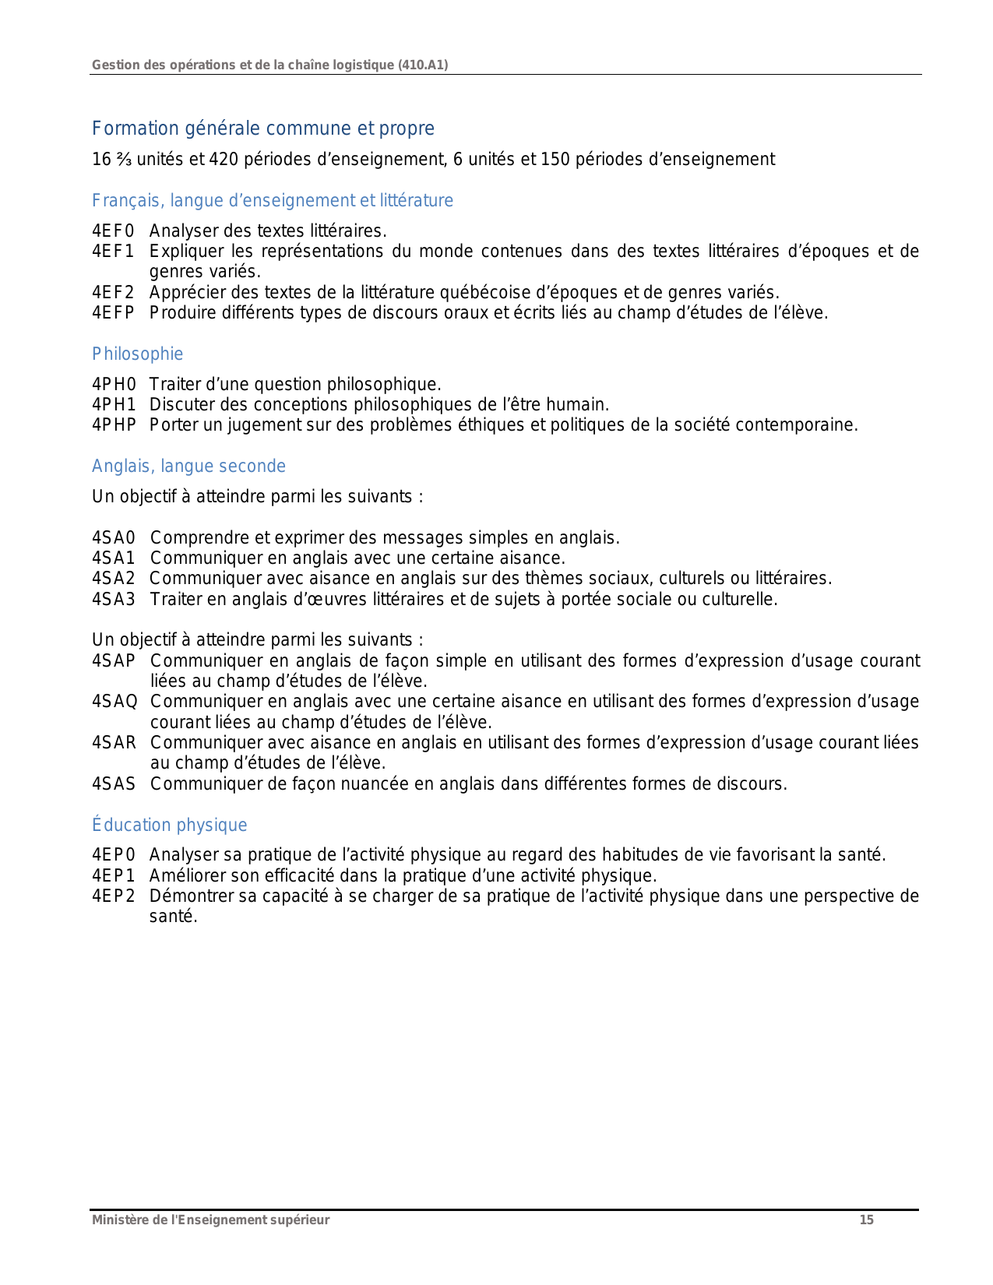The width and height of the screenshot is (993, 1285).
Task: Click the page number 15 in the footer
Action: coord(866,1220)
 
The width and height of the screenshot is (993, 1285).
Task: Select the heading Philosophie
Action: coord(137,354)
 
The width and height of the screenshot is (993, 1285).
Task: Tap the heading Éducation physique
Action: coord(169,826)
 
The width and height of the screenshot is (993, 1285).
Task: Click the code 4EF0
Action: coord(113,231)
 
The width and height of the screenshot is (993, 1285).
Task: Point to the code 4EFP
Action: coord(113,313)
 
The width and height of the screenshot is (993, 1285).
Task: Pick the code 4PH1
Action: coord(114,405)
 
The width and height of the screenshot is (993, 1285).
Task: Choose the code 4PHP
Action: coord(114,425)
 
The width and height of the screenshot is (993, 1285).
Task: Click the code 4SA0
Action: coord(114,538)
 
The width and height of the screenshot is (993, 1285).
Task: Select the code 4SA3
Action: coord(114,600)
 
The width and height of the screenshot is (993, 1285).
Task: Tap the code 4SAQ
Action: coord(114,702)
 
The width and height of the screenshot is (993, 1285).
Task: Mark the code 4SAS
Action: coord(114,784)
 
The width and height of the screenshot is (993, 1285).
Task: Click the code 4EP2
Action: coord(114,896)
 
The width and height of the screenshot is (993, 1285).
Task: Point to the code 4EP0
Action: coord(114,855)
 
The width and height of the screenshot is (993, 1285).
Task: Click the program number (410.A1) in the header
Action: coord(423,65)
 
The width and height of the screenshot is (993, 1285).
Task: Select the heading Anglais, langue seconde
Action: coord(188,466)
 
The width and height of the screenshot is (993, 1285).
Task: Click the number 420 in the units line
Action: coord(224,160)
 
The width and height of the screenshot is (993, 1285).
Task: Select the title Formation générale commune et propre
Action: coord(263,128)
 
